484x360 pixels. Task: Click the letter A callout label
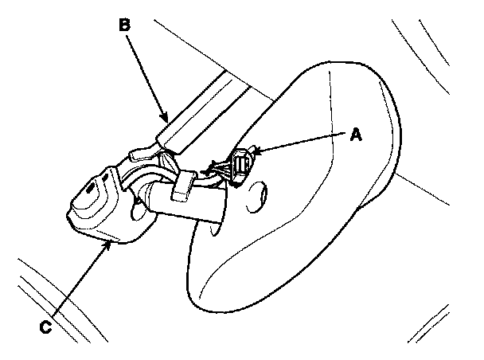coord(357,135)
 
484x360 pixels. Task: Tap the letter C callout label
coord(47,325)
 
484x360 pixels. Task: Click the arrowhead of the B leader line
coord(166,119)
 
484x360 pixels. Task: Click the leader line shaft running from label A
coord(306,143)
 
